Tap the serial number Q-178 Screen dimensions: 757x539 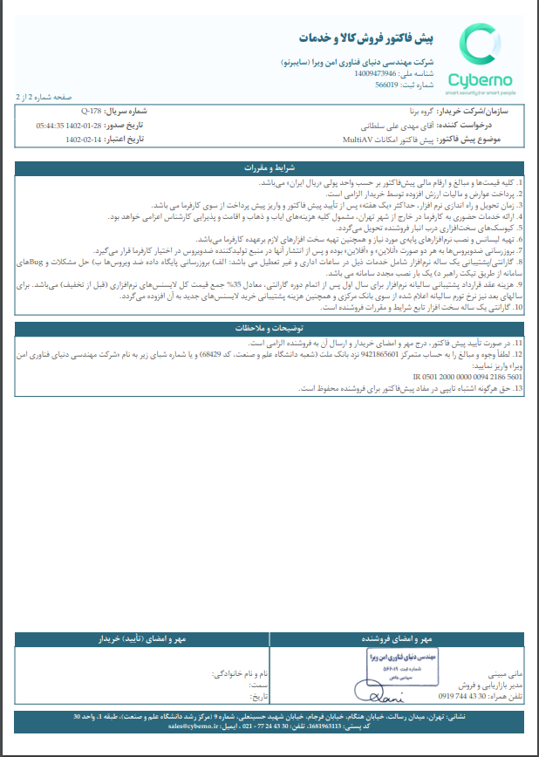[92, 113]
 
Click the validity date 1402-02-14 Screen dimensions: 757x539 [84, 139]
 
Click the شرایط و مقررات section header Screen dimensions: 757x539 [269, 167]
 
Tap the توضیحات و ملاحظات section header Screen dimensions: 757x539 [269, 328]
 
